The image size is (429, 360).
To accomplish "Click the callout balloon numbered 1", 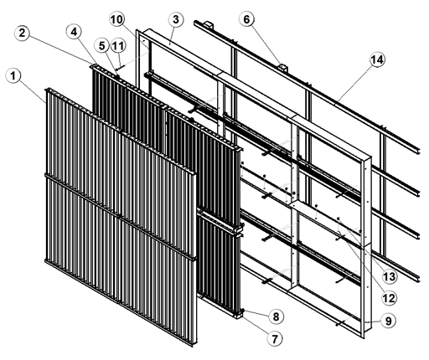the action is [x=13, y=75].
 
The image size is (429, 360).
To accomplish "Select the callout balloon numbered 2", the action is [x=22, y=33].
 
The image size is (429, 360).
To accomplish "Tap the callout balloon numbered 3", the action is [x=176, y=20].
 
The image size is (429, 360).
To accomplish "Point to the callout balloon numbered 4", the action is [x=74, y=32].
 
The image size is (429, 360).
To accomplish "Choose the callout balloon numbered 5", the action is [x=102, y=45].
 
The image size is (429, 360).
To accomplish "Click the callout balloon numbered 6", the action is [x=246, y=19].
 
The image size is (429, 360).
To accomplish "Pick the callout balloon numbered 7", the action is [x=275, y=339].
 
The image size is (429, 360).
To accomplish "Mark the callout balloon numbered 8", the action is [x=276, y=316].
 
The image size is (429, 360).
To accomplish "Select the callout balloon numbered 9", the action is [x=389, y=321].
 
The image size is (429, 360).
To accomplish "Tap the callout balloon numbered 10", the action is [x=116, y=19].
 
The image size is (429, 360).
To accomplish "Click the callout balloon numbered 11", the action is [x=118, y=46].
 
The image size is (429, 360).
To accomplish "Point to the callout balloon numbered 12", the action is [x=389, y=298].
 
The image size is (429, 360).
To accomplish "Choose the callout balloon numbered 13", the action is [x=390, y=276].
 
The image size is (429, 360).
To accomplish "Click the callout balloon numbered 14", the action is [x=377, y=59].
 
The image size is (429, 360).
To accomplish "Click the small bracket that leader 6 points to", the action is [x=282, y=68].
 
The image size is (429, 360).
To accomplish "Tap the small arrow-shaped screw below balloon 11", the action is [x=120, y=67].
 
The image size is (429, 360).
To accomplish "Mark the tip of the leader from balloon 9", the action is [x=365, y=322].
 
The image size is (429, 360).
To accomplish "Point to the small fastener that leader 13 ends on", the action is [x=339, y=219].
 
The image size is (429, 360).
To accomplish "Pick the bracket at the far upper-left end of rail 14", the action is [x=209, y=24].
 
